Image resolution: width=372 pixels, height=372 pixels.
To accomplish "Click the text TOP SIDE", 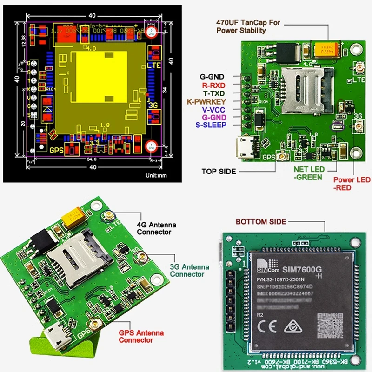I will (x=219, y=171).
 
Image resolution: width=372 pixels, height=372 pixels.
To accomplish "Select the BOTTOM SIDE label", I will (x=261, y=222).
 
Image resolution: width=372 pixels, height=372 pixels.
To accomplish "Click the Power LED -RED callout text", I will (x=352, y=184).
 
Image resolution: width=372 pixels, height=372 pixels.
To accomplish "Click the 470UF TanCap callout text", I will (x=248, y=27).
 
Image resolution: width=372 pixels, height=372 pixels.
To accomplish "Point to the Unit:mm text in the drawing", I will (x=155, y=176).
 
